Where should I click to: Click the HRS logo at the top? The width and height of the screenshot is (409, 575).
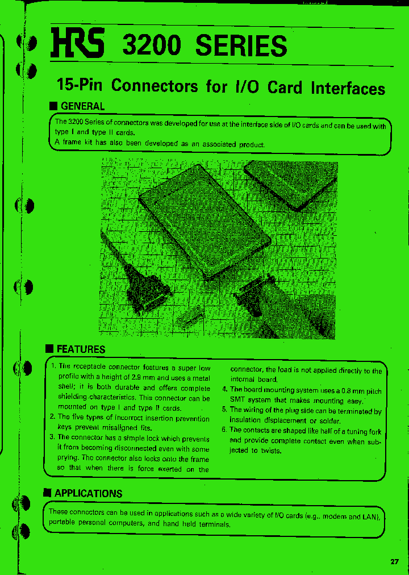pyautogui.click(x=77, y=44)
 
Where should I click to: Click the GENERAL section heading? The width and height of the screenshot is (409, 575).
pyautogui.click(x=82, y=106)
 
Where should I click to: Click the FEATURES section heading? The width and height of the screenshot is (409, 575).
pyautogui.click(x=81, y=349)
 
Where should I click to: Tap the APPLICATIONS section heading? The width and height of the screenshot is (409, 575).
pyautogui.click(x=88, y=493)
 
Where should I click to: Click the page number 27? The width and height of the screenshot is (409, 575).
pyautogui.click(x=395, y=561)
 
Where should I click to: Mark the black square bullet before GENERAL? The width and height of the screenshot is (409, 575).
pyautogui.click(x=53, y=106)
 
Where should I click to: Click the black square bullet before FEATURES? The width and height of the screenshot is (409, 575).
pyautogui.click(x=50, y=349)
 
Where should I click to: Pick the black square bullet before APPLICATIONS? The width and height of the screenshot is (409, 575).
pyautogui.click(x=48, y=493)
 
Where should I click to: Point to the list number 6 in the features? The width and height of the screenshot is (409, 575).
pyautogui.click(x=224, y=430)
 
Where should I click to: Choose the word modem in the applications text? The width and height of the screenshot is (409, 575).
pyautogui.click(x=336, y=516)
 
